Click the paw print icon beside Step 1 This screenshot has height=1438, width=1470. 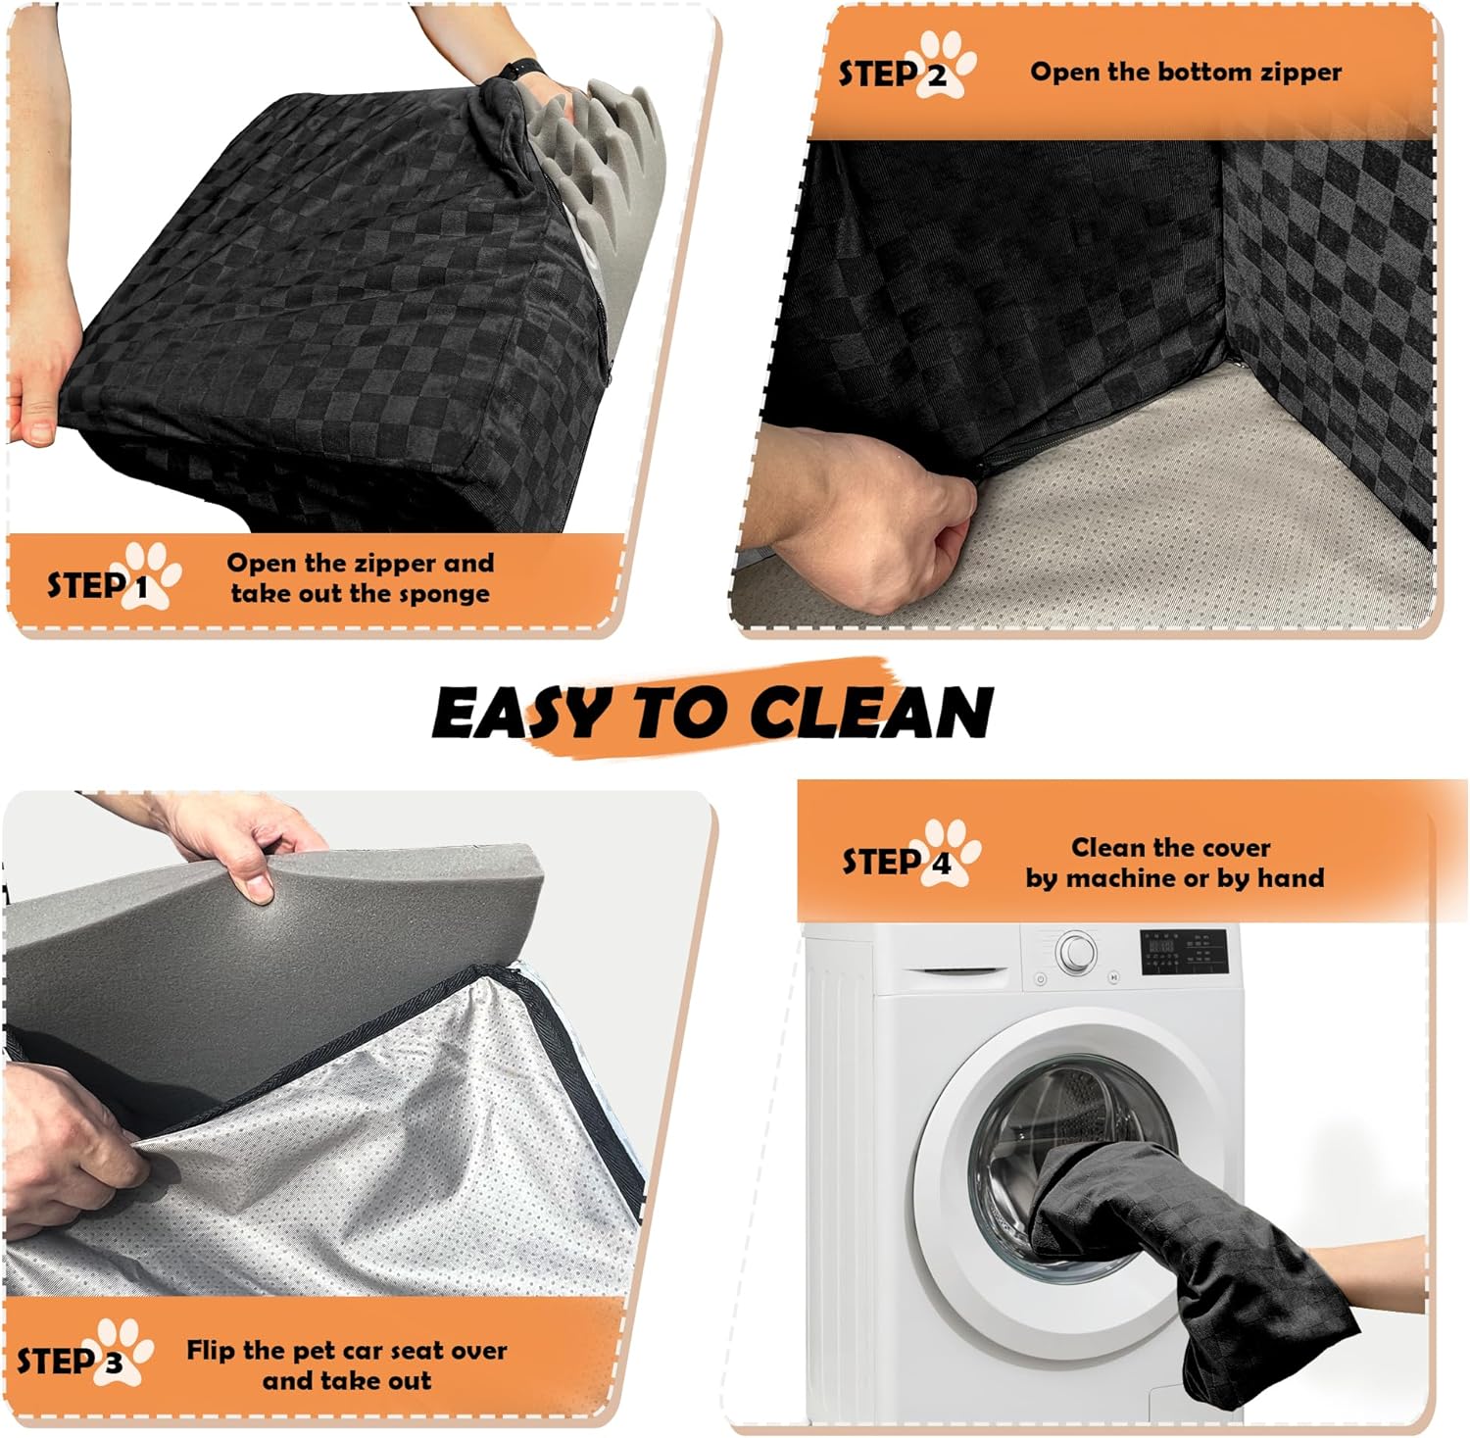(151, 575)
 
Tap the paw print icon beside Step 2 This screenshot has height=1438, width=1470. (945, 65)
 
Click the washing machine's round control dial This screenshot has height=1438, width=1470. (1076, 951)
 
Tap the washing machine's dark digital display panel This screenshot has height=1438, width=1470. (1184, 952)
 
